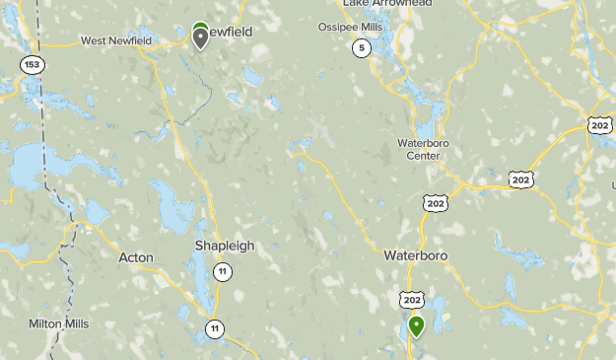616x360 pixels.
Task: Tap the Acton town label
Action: [x=136, y=257]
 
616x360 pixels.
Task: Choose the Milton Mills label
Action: [x=58, y=324]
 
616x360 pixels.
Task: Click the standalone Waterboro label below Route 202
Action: [x=416, y=254]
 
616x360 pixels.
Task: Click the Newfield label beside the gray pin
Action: [x=233, y=33]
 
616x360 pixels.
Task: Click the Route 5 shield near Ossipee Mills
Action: [x=362, y=48]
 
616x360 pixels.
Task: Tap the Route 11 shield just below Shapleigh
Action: [x=224, y=272]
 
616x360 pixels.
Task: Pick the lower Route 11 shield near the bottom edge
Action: [x=215, y=328]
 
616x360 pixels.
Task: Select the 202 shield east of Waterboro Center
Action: [x=521, y=179]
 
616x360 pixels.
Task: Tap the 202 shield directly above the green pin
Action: [x=412, y=300]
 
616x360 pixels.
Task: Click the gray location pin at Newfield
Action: [x=201, y=37]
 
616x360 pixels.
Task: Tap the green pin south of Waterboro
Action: [x=416, y=325]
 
